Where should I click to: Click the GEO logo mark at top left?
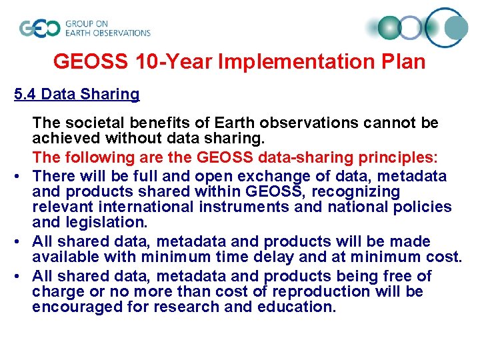pos(40,28)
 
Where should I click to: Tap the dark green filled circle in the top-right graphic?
pos(391,27)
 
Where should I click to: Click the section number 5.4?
pos(25,94)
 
